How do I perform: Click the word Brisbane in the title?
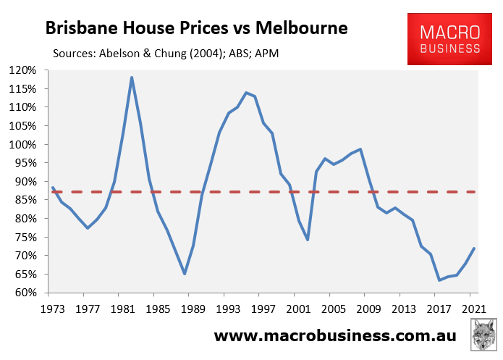click(x=80, y=29)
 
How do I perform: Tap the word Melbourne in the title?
click(x=302, y=29)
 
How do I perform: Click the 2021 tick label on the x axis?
click(x=473, y=307)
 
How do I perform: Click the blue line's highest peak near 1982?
click(x=132, y=77)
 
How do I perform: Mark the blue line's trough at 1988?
click(x=185, y=274)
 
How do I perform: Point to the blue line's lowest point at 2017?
click(x=439, y=280)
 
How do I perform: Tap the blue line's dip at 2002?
click(x=308, y=239)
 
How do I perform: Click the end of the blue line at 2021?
click(x=474, y=248)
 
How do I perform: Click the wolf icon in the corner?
click(x=482, y=337)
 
